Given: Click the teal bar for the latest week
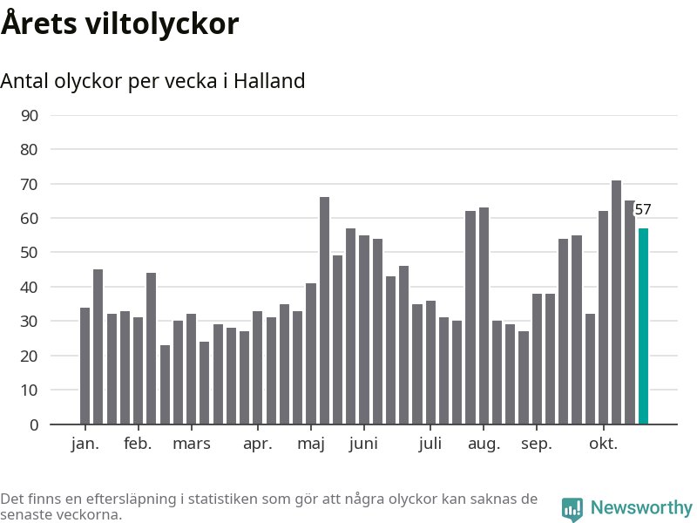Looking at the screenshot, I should [643, 327].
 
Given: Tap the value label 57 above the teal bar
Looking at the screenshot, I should [643, 209].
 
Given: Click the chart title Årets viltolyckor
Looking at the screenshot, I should [119, 24].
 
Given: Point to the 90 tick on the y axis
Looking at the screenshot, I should [30, 115].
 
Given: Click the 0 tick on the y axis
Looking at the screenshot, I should [34, 425].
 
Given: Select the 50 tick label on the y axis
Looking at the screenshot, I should [30, 253].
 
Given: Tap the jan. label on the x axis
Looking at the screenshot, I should [85, 444].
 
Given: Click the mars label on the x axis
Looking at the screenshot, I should [191, 444].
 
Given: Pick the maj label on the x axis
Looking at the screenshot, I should [311, 444].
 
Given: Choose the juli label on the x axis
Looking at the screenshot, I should [430, 444].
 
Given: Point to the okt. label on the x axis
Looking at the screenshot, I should [603, 444].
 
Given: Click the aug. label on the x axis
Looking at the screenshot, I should [484, 444].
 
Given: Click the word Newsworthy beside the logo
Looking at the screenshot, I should [641, 507].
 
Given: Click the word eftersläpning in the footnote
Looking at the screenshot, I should [109, 499].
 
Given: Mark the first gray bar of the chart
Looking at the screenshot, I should [85, 366].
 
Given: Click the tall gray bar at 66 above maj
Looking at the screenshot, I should [324, 311].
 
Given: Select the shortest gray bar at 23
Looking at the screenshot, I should [165, 385].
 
